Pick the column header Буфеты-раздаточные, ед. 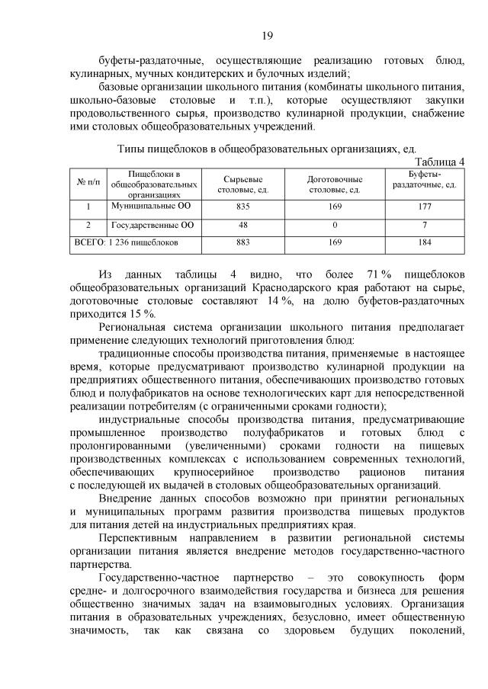(x=425, y=180)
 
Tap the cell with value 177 (x=425, y=207)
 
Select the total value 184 (x=425, y=243)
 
